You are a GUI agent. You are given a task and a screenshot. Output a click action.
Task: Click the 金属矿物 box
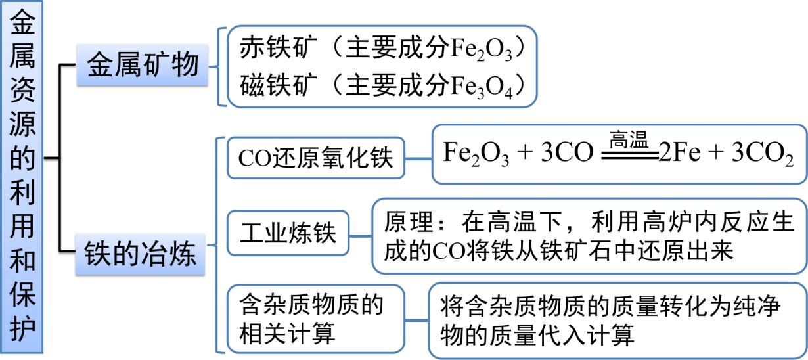(x=143, y=66)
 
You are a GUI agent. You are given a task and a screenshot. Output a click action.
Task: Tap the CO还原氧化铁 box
(x=315, y=158)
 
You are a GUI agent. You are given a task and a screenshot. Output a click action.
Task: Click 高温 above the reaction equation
(x=629, y=139)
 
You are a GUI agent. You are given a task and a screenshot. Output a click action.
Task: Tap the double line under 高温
(x=629, y=155)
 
